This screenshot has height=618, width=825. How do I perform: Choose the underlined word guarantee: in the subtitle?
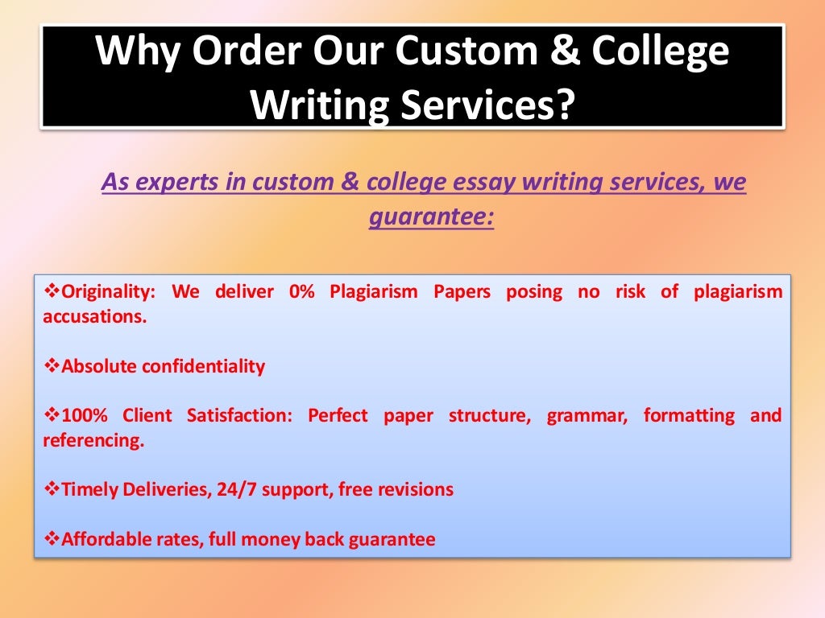431,217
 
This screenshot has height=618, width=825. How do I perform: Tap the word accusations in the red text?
93,316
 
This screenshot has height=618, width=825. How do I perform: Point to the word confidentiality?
204,367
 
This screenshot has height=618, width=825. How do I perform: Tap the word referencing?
93,441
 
